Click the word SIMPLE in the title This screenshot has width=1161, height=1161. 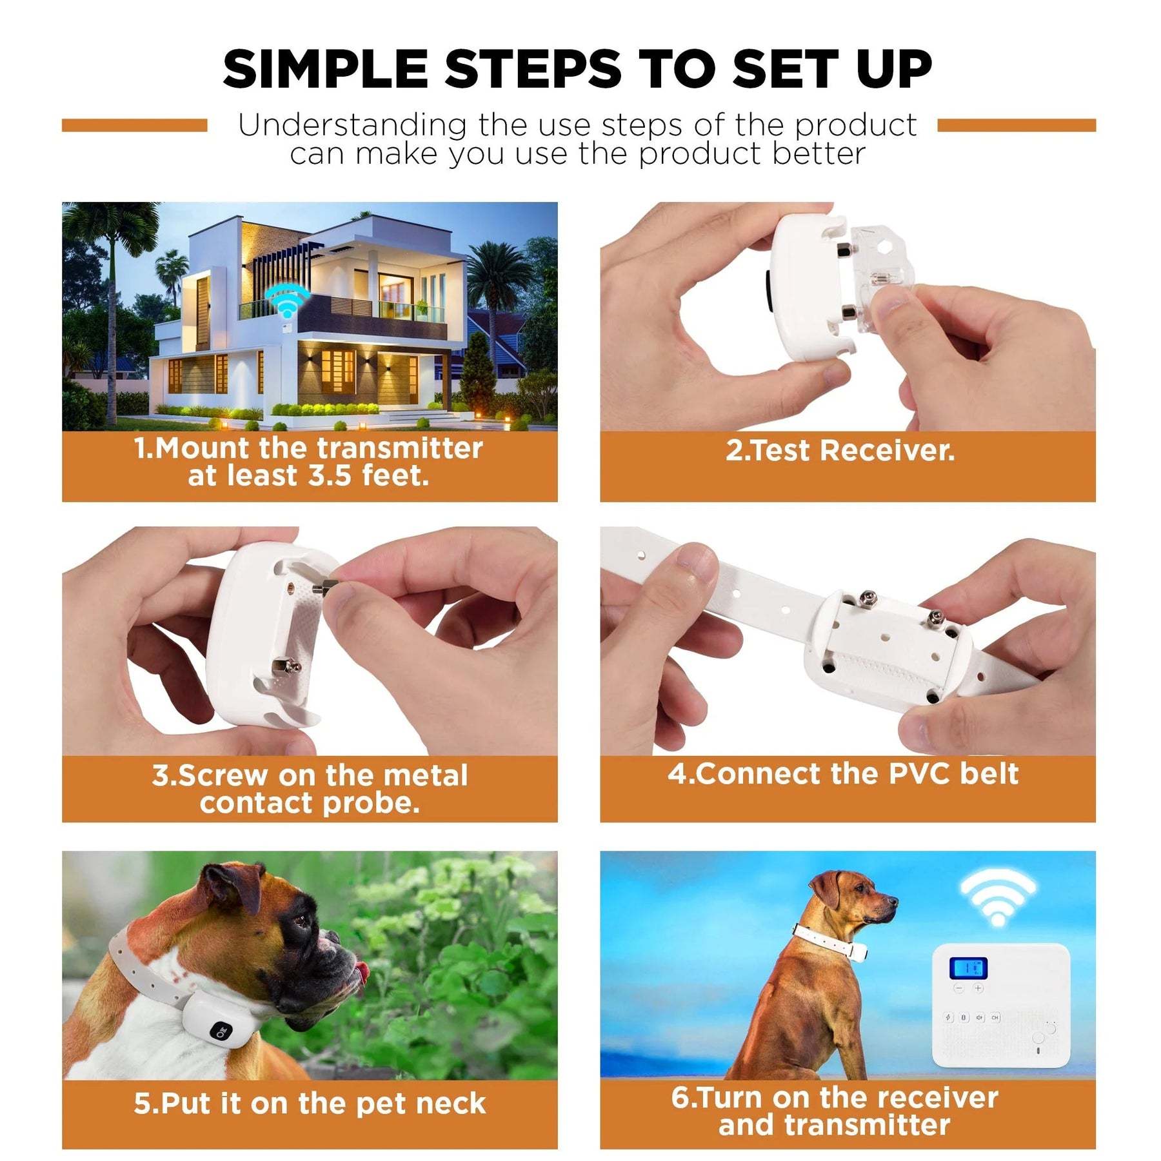(325, 69)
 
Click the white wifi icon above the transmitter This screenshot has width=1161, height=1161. (997, 898)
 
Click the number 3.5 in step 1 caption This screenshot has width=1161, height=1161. (330, 476)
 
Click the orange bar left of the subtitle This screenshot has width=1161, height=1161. (134, 125)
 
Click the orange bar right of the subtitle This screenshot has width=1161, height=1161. (1016, 125)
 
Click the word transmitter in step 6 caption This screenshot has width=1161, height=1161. (866, 1125)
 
